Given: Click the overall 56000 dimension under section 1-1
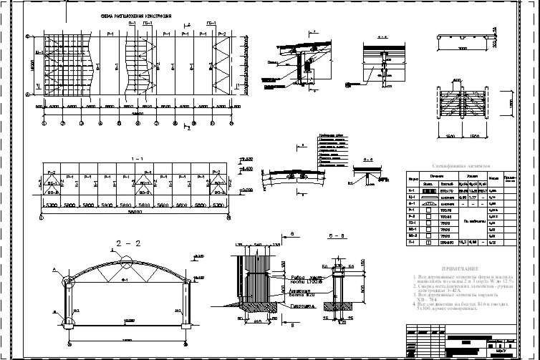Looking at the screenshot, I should click(135, 212).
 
